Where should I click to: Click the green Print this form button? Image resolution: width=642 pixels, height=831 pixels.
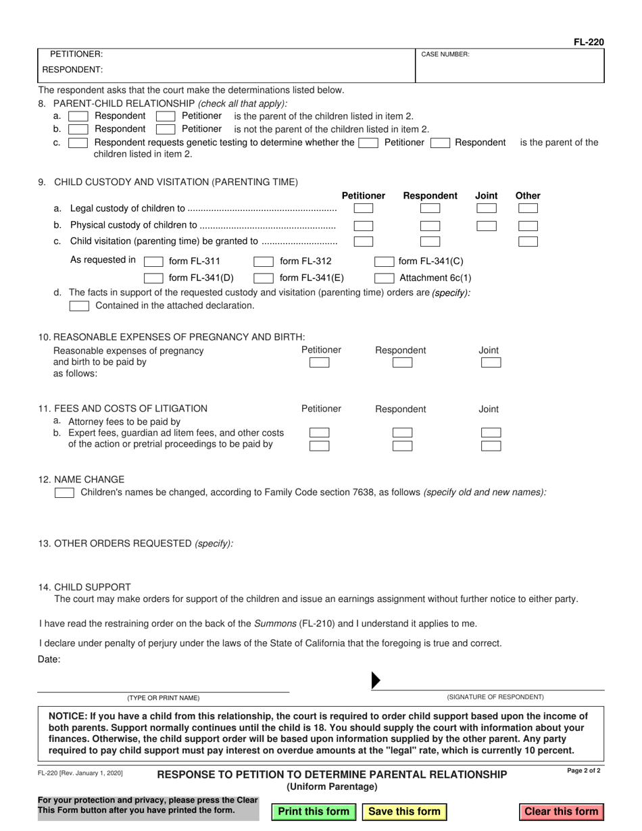(x=314, y=811)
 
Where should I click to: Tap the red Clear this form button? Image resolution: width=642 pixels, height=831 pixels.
(x=562, y=811)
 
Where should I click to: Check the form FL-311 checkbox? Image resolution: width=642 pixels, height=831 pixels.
(x=154, y=262)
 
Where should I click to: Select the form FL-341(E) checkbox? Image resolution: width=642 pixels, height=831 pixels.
(x=264, y=278)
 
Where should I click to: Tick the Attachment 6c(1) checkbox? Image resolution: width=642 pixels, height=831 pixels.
(x=385, y=278)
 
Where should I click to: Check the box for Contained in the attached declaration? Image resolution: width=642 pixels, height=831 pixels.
(x=80, y=306)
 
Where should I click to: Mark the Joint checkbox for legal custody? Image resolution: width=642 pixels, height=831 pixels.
(x=487, y=209)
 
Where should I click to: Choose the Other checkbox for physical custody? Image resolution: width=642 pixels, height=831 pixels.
(x=528, y=226)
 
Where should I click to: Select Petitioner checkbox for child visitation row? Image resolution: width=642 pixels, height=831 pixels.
(x=363, y=241)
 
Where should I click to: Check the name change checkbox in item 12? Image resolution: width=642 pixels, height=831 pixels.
(x=64, y=493)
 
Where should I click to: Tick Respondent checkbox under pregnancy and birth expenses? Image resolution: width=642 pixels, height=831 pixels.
(x=402, y=363)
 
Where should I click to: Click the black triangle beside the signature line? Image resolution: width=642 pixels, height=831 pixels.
(x=376, y=680)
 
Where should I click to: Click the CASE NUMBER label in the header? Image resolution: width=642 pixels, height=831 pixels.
(x=445, y=54)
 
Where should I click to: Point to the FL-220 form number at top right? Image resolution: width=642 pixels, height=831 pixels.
(x=589, y=42)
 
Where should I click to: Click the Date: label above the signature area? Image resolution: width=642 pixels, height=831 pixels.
(x=49, y=659)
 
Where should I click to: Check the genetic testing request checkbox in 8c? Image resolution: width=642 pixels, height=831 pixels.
(x=78, y=143)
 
